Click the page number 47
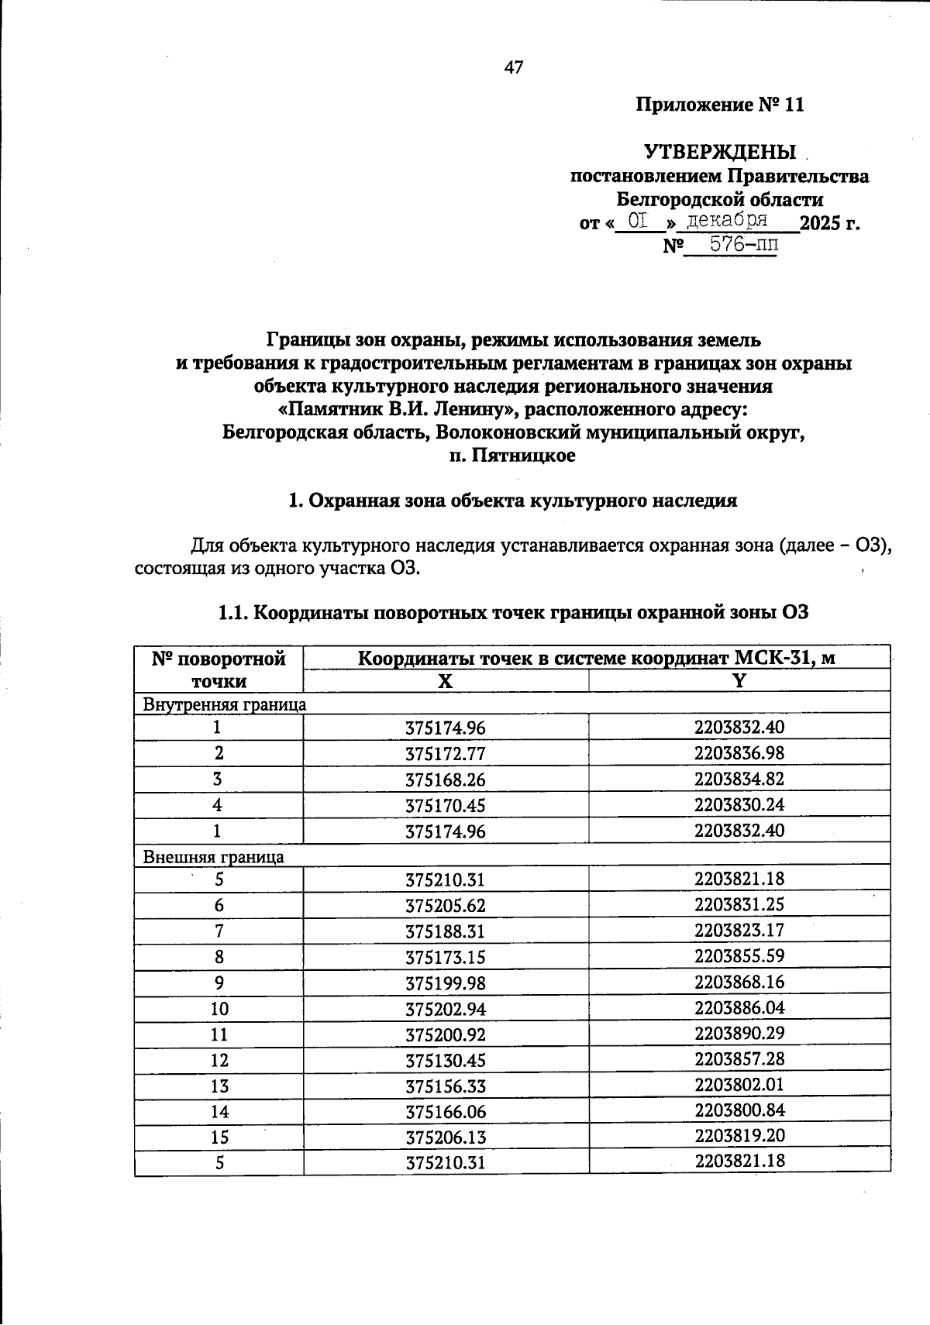pos(514,67)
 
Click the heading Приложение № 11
pos(720,105)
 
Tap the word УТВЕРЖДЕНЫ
pos(720,152)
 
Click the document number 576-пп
pos(732,245)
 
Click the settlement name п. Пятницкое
pos(513,456)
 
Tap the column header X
pos(445,681)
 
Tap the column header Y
pos(739,681)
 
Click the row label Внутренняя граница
pos(225,704)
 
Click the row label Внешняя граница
pos(213,857)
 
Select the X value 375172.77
pos(445,754)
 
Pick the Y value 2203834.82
pos(739,779)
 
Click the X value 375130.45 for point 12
pos(445,1061)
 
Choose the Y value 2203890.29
pos(739,1033)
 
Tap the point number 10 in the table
pos(219,1009)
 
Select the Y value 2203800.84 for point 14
pos(739,1110)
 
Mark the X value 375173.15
pos(445,958)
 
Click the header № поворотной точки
pos(219,669)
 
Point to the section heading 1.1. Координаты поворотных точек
pos(513,613)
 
